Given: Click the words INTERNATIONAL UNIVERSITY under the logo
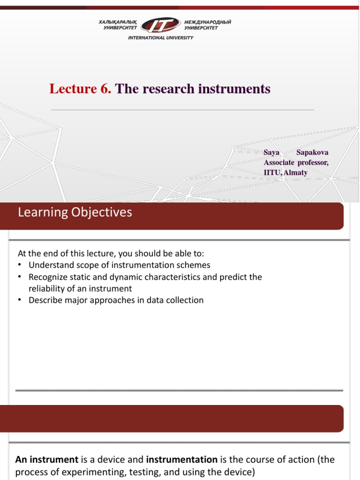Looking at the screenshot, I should pyautogui.click(x=161, y=38).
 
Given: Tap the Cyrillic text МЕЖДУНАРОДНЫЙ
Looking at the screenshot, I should pyautogui.click(x=208, y=22).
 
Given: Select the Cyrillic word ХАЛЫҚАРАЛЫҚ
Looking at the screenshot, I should pyautogui.click(x=117, y=22).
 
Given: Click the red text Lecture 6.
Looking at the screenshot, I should pyautogui.click(x=80, y=89).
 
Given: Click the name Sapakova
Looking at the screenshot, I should pyautogui.click(x=313, y=152).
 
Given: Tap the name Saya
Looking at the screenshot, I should pyautogui.click(x=271, y=152).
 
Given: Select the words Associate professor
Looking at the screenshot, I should pyautogui.click(x=296, y=162).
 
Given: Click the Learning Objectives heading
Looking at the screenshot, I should pyautogui.click(x=75, y=212).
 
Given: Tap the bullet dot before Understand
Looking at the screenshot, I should pyautogui.click(x=20, y=266).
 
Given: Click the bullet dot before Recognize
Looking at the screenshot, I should pyautogui.click(x=20, y=277).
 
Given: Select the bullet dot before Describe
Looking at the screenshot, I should pyautogui.click(x=20, y=300).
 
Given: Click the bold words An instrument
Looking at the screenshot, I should pyautogui.click(x=47, y=459).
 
